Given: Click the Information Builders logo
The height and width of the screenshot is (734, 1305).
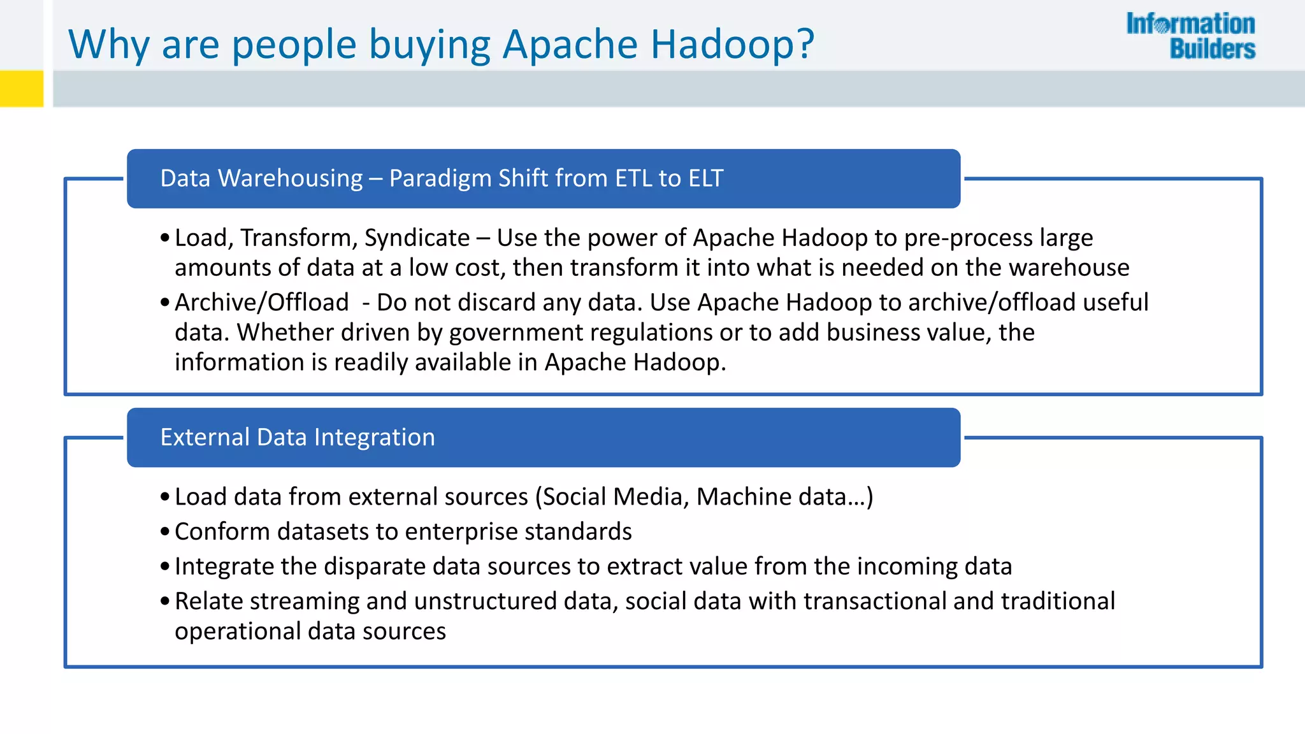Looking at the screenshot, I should [x=1190, y=36].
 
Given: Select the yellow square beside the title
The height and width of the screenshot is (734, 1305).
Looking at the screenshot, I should [x=22, y=88].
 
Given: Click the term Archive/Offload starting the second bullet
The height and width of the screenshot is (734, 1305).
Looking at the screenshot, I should [x=262, y=303].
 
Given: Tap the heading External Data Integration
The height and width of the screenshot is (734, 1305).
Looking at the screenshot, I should [x=298, y=437].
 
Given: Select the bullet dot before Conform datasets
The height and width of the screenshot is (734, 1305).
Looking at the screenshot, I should [x=165, y=531].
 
